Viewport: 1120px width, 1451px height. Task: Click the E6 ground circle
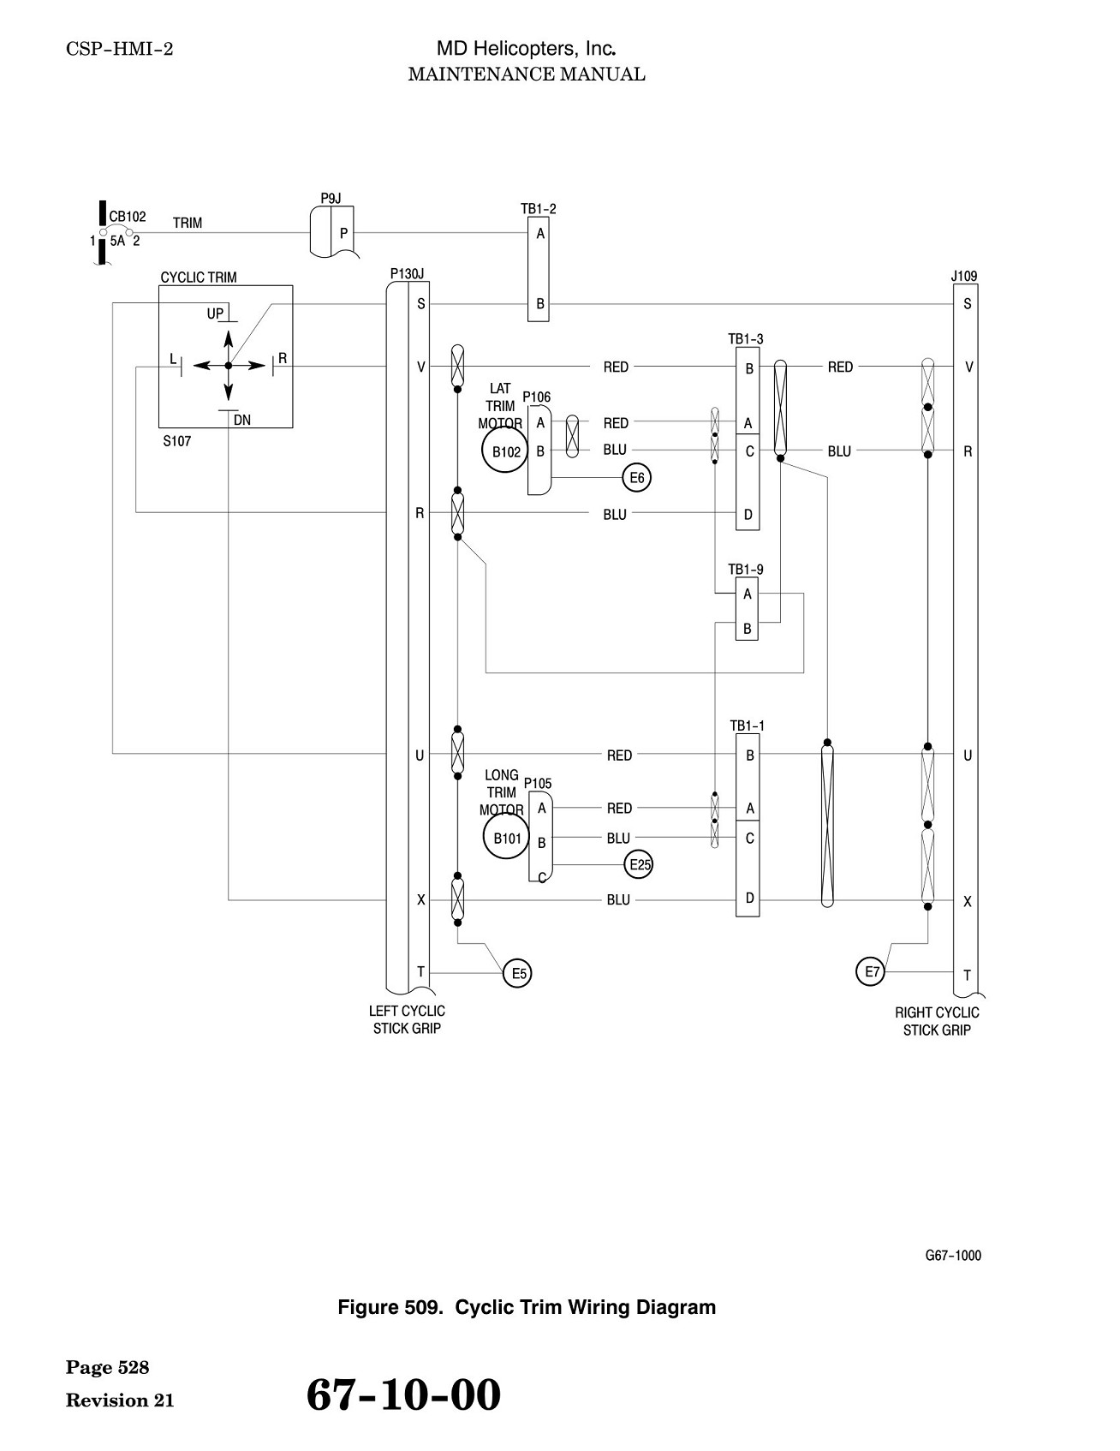637,477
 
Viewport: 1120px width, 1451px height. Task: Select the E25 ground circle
640,865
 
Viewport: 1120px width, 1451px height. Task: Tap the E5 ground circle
517,973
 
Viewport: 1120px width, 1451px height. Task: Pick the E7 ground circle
871,971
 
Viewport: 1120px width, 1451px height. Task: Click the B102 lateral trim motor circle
506,451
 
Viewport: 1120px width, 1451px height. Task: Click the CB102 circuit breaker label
127,217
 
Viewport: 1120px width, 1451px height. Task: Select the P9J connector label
331,199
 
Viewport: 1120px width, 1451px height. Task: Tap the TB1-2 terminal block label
539,209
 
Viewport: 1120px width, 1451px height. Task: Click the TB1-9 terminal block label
746,570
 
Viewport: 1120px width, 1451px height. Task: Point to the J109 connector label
964,276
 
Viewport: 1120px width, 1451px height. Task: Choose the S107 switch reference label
177,441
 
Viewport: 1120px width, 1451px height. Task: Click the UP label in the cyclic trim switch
215,313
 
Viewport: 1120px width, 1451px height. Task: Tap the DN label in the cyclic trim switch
242,420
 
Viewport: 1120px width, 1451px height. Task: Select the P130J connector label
408,273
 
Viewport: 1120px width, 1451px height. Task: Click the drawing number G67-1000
953,1256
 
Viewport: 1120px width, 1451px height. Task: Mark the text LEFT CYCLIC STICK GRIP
407,1019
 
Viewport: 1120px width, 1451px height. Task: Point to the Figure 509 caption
527,1307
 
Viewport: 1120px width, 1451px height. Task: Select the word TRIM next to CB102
188,223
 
